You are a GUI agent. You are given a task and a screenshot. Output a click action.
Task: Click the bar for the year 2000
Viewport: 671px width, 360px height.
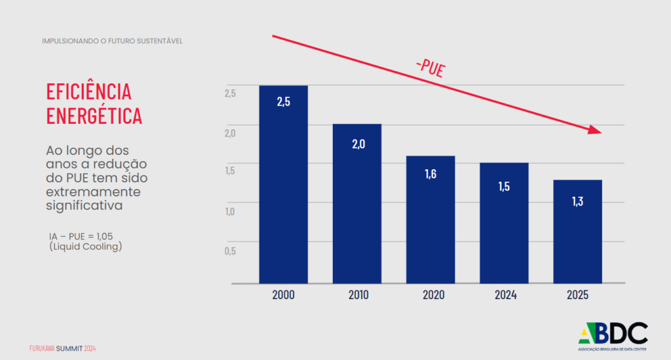point(283,190)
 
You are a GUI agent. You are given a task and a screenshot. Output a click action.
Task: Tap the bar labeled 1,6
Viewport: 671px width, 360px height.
point(430,223)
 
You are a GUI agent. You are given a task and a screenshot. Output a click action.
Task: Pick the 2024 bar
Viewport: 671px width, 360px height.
point(503,226)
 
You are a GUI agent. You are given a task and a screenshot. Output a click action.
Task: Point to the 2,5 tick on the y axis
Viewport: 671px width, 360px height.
point(229,93)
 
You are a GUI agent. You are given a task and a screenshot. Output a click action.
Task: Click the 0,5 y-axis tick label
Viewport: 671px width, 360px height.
point(229,250)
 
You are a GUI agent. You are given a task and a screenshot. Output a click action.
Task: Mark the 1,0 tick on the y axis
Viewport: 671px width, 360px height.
point(229,211)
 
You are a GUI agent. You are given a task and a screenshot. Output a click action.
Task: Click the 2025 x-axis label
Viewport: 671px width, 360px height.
point(577,295)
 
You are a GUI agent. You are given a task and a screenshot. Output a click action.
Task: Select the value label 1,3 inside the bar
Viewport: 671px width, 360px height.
point(577,202)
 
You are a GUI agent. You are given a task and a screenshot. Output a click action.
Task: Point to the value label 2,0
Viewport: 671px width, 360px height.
point(358,144)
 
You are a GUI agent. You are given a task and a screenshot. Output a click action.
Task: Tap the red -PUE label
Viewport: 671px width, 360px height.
point(430,67)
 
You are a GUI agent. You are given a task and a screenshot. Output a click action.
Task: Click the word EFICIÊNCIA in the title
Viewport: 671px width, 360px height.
point(88,92)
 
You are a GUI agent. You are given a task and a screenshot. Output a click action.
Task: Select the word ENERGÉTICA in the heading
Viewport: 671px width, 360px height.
point(94,115)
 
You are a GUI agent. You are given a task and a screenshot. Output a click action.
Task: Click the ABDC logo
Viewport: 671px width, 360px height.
point(613,336)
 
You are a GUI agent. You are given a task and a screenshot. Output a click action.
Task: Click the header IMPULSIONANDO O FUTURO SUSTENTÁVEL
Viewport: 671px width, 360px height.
point(112,41)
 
